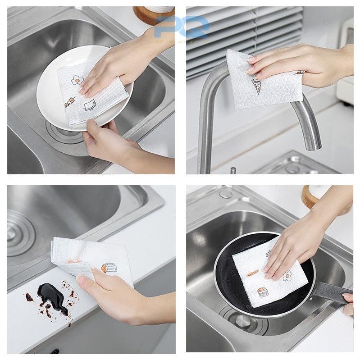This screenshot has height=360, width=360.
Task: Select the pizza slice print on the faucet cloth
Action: point(256,85)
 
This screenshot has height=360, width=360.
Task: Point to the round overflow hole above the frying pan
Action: point(225,194)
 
